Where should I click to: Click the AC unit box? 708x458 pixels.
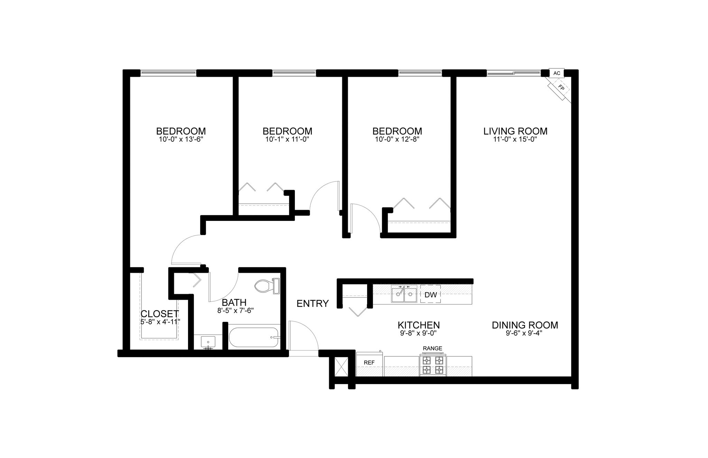(x=557, y=73)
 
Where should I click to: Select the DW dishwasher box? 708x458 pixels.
(x=430, y=295)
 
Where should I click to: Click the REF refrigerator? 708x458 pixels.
(x=370, y=363)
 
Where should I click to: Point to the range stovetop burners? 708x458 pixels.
(x=433, y=365)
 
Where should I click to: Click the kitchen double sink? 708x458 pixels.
(x=404, y=294)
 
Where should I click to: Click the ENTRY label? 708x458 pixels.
(x=313, y=303)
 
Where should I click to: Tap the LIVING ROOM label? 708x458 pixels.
(x=515, y=131)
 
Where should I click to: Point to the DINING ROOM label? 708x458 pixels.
(x=525, y=325)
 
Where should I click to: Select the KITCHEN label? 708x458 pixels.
(x=419, y=325)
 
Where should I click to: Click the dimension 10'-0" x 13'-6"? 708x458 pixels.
(x=181, y=140)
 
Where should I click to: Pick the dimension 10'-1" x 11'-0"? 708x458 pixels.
(x=287, y=140)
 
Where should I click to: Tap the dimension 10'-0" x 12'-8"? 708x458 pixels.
(x=397, y=140)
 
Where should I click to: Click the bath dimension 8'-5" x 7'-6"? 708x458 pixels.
(x=235, y=310)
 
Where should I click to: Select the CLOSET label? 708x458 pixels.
(x=160, y=314)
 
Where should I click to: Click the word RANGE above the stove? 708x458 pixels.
(x=432, y=348)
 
